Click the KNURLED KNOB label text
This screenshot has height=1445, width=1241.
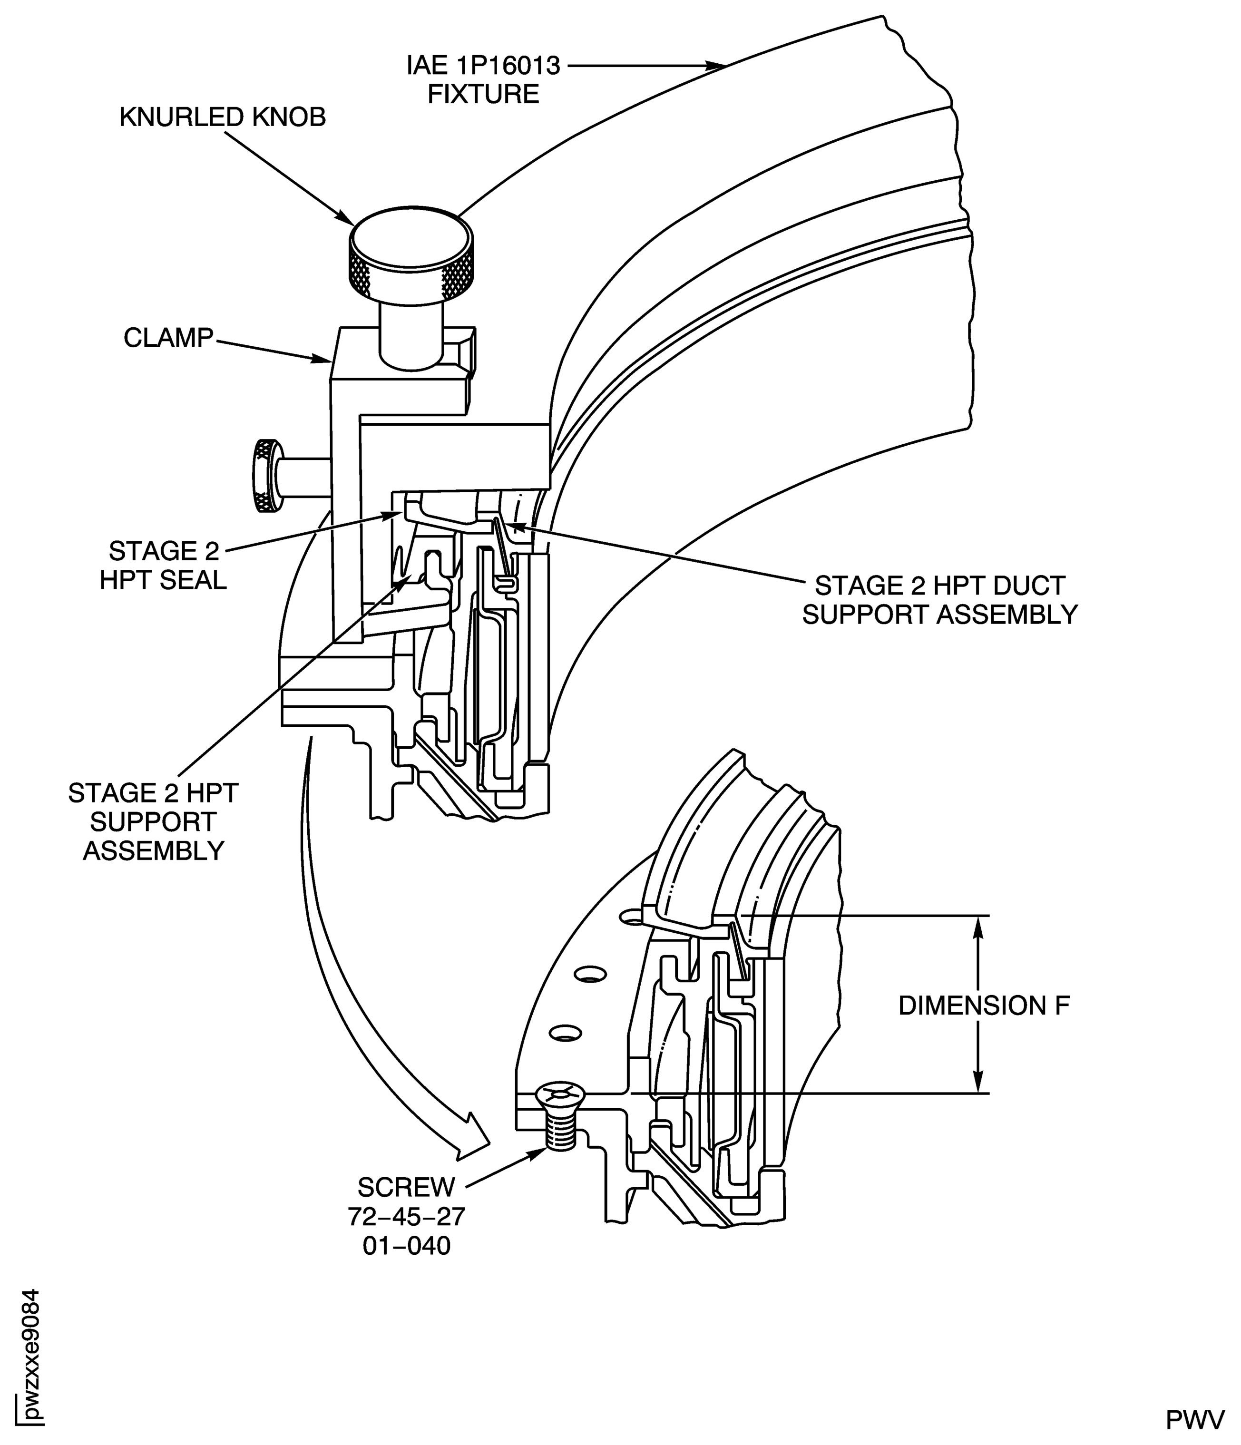223,117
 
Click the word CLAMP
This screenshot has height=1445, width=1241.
168,338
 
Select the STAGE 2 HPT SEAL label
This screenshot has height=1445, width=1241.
163,566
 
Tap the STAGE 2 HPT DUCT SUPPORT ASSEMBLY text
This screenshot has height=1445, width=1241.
939,600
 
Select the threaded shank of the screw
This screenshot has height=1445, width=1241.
560,1131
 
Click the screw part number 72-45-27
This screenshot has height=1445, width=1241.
407,1217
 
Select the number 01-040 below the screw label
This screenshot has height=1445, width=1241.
407,1246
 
